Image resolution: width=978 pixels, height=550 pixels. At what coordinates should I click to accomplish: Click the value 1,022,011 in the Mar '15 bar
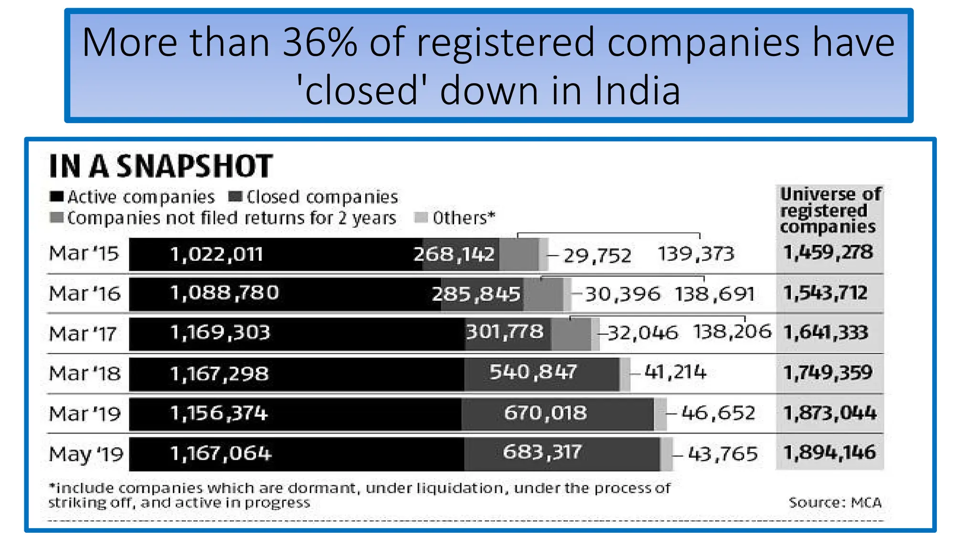(x=216, y=254)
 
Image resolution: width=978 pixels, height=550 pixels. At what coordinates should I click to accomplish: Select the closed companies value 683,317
(x=542, y=452)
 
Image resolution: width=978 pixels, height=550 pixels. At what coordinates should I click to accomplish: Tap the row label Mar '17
(x=83, y=333)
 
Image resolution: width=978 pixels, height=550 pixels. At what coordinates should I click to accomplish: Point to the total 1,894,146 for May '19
(x=829, y=452)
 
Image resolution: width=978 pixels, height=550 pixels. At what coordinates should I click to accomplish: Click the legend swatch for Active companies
(x=56, y=197)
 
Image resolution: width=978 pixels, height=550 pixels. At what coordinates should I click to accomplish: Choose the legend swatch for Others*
(x=421, y=218)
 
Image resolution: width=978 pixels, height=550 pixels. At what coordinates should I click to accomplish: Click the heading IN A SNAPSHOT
(x=161, y=166)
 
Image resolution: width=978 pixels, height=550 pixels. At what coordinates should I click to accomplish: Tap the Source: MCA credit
(x=835, y=503)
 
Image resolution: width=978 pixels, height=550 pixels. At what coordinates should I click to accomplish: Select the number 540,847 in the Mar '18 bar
(x=533, y=371)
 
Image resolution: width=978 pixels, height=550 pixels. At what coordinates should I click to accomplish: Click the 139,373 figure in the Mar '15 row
(x=696, y=254)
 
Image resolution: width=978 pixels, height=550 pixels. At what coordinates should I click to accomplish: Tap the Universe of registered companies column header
(x=830, y=210)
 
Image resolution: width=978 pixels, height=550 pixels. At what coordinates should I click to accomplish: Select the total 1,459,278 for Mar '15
(x=828, y=252)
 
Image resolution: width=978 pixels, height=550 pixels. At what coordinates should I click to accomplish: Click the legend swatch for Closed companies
(x=235, y=197)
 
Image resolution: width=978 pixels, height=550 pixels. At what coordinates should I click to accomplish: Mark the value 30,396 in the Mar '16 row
(x=623, y=294)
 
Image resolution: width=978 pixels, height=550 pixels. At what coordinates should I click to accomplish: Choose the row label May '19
(x=86, y=454)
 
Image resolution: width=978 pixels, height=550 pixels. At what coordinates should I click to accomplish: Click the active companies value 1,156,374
(x=219, y=413)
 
